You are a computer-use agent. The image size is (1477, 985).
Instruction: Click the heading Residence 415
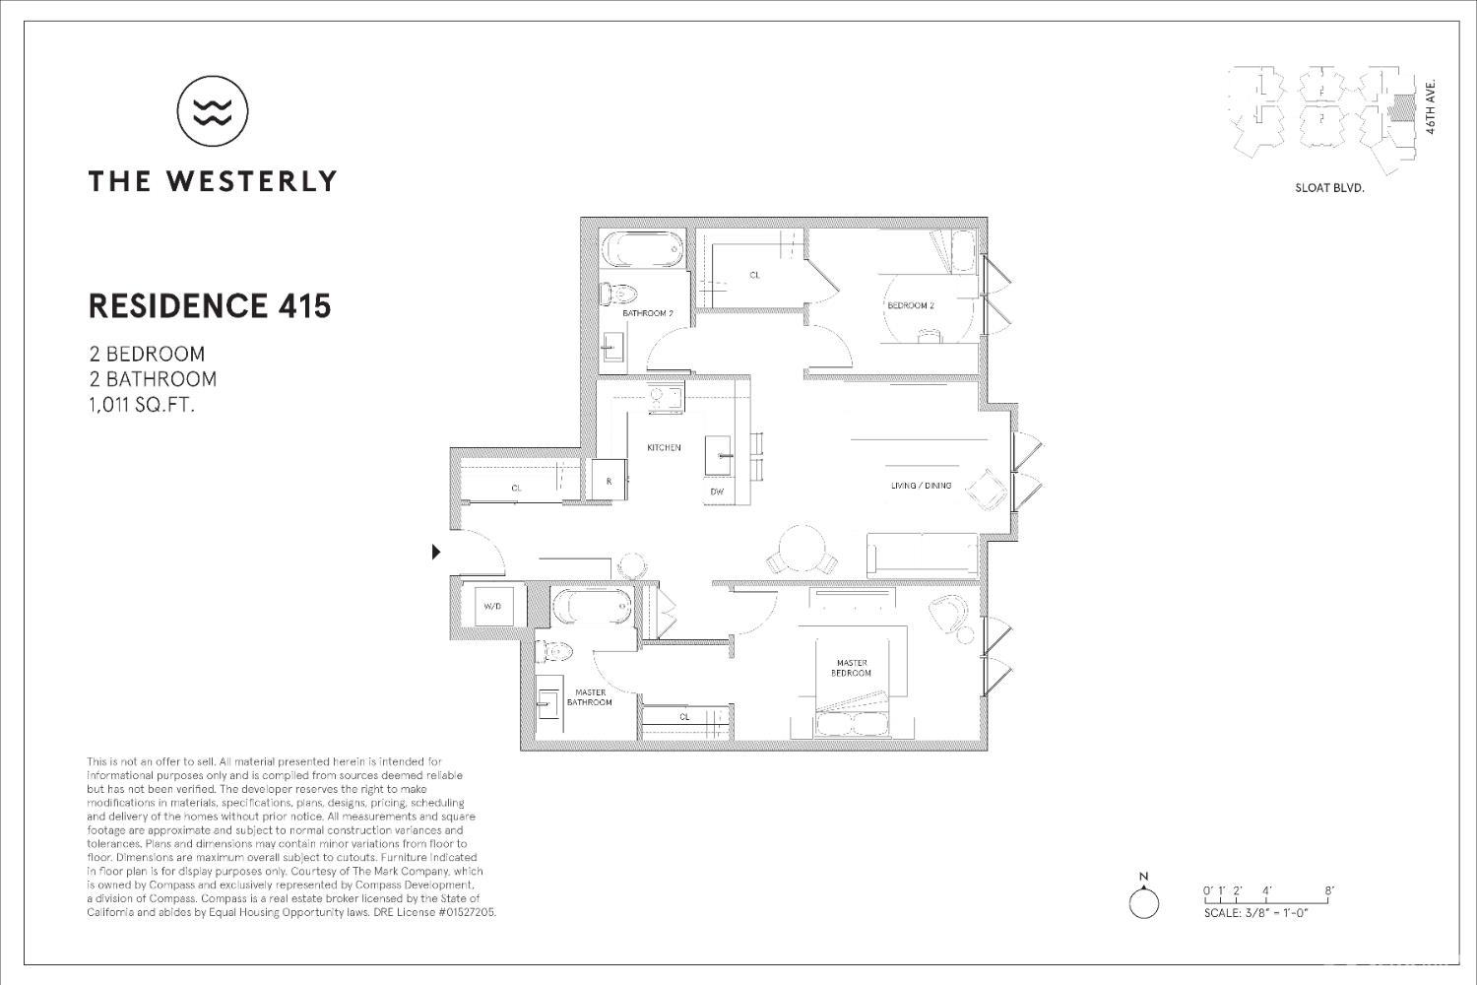click(x=210, y=306)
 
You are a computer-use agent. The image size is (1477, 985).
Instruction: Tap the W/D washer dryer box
click(x=492, y=606)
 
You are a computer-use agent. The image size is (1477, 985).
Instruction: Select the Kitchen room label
click(x=664, y=448)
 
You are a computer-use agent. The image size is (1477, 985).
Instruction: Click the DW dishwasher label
click(x=717, y=492)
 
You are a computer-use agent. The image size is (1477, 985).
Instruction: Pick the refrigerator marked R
click(x=609, y=482)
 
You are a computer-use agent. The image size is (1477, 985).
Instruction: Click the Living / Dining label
click(x=921, y=486)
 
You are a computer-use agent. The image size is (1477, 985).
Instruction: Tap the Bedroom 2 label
click(x=910, y=305)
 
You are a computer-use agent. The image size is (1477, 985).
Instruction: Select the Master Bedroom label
click(x=852, y=668)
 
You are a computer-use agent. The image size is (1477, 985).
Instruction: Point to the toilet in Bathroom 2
click(x=618, y=293)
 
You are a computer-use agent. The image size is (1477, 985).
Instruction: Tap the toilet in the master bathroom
click(x=554, y=651)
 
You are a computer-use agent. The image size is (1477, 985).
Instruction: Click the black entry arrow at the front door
click(x=436, y=552)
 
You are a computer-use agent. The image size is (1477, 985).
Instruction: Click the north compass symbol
click(x=1143, y=901)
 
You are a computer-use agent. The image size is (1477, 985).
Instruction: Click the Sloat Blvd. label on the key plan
click(x=1328, y=187)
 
